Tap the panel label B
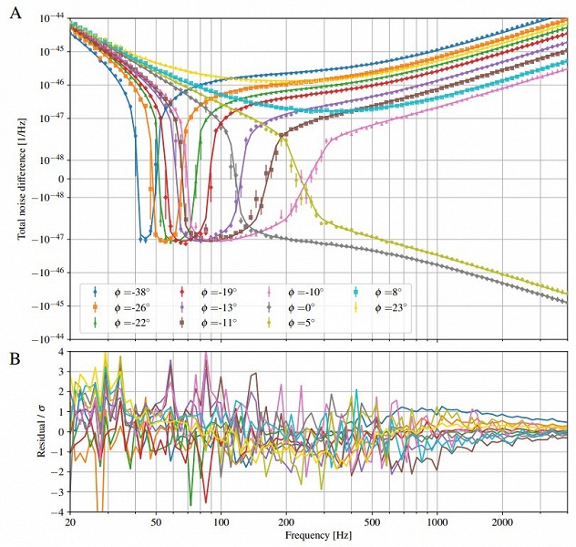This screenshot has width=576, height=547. [15, 359]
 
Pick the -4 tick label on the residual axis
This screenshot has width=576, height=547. [57, 511]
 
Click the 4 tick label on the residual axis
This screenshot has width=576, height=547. [59, 351]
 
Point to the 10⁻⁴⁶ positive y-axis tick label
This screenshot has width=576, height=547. [49, 84]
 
